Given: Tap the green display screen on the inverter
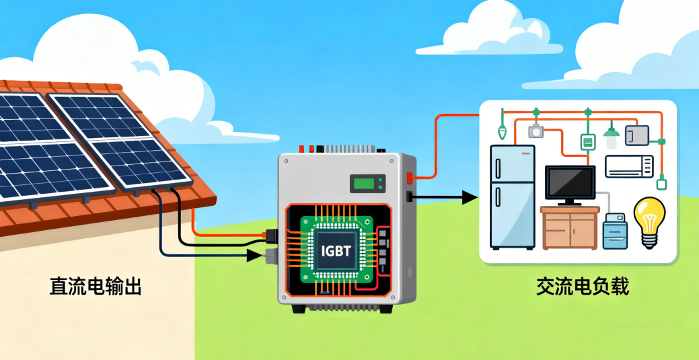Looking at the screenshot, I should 363,183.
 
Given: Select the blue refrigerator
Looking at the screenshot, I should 512,196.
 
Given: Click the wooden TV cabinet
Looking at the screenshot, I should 570,228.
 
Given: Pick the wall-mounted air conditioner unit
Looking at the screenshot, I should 629,166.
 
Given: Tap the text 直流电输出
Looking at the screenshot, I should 96,286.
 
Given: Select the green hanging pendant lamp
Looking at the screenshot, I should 611,137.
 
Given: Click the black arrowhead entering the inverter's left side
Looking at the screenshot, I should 254,255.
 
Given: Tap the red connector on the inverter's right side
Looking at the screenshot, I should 409,178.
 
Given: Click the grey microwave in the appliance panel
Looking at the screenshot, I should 636,135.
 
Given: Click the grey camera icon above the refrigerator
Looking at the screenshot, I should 536,131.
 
